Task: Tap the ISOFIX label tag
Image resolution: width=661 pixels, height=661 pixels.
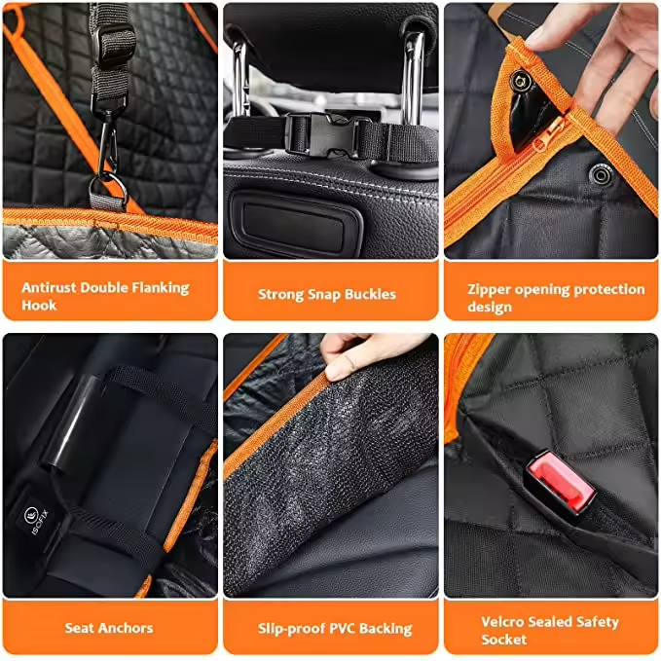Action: [x=37, y=519]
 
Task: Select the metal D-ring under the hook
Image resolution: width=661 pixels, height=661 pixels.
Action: [x=108, y=192]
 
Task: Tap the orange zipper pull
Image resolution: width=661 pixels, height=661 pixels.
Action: [x=549, y=134]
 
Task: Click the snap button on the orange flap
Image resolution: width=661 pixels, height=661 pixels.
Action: [x=520, y=81]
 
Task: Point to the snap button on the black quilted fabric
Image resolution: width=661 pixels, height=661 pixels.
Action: [x=601, y=173]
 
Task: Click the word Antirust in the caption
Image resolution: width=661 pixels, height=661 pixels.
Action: [x=50, y=287]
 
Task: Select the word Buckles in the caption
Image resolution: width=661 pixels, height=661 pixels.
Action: [x=370, y=294]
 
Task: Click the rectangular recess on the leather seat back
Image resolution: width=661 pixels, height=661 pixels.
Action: [x=295, y=225]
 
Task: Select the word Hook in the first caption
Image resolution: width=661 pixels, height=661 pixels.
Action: [x=39, y=306]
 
